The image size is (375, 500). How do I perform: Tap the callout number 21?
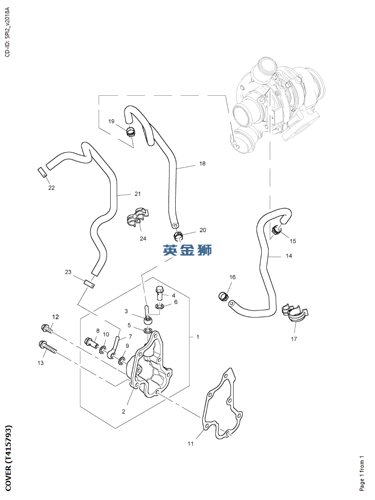[137, 194]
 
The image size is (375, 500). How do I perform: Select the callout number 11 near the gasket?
[190, 444]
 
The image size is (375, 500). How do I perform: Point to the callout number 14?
[289, 256]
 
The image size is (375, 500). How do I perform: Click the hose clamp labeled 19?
[130, 131]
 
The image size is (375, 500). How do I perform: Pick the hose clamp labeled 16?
[223, 296]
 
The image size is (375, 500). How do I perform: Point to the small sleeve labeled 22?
[43, 172]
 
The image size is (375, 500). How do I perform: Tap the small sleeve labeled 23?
[89, 283]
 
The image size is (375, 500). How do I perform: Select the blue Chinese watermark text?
[187, 251]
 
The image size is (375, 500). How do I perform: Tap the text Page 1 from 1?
[362, 473]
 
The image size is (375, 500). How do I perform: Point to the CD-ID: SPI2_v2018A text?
[7, 32]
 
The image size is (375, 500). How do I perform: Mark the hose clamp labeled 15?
[277, 231]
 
